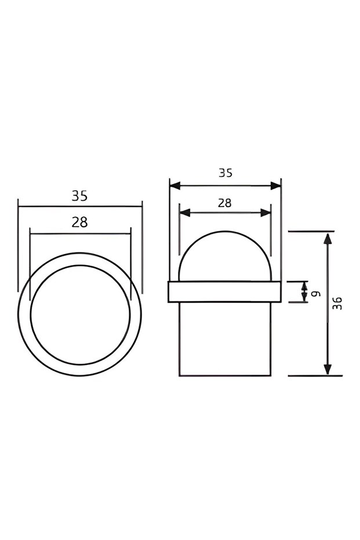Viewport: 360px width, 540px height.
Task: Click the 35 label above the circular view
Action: tap(79, 196)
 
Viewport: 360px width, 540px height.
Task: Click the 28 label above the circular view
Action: tap(79, 222)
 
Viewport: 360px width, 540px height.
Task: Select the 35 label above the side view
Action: tap(225, 173)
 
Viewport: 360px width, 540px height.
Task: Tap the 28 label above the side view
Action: tap(224, 203)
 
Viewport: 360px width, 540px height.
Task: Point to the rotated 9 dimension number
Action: tap(317, 293)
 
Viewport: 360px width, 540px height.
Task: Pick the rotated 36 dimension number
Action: tap(338, 303)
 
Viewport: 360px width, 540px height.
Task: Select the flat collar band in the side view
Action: tap(225, 292)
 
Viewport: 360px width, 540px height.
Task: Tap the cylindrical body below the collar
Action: tap(225, 339)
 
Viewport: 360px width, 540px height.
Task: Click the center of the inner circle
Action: tap(80, 314)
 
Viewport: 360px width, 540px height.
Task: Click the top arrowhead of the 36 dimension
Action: tap(328, 238)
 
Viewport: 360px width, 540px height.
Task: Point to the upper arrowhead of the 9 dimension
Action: tap(305, 285)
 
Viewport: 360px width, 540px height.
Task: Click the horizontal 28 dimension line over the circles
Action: tap(80, 234)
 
